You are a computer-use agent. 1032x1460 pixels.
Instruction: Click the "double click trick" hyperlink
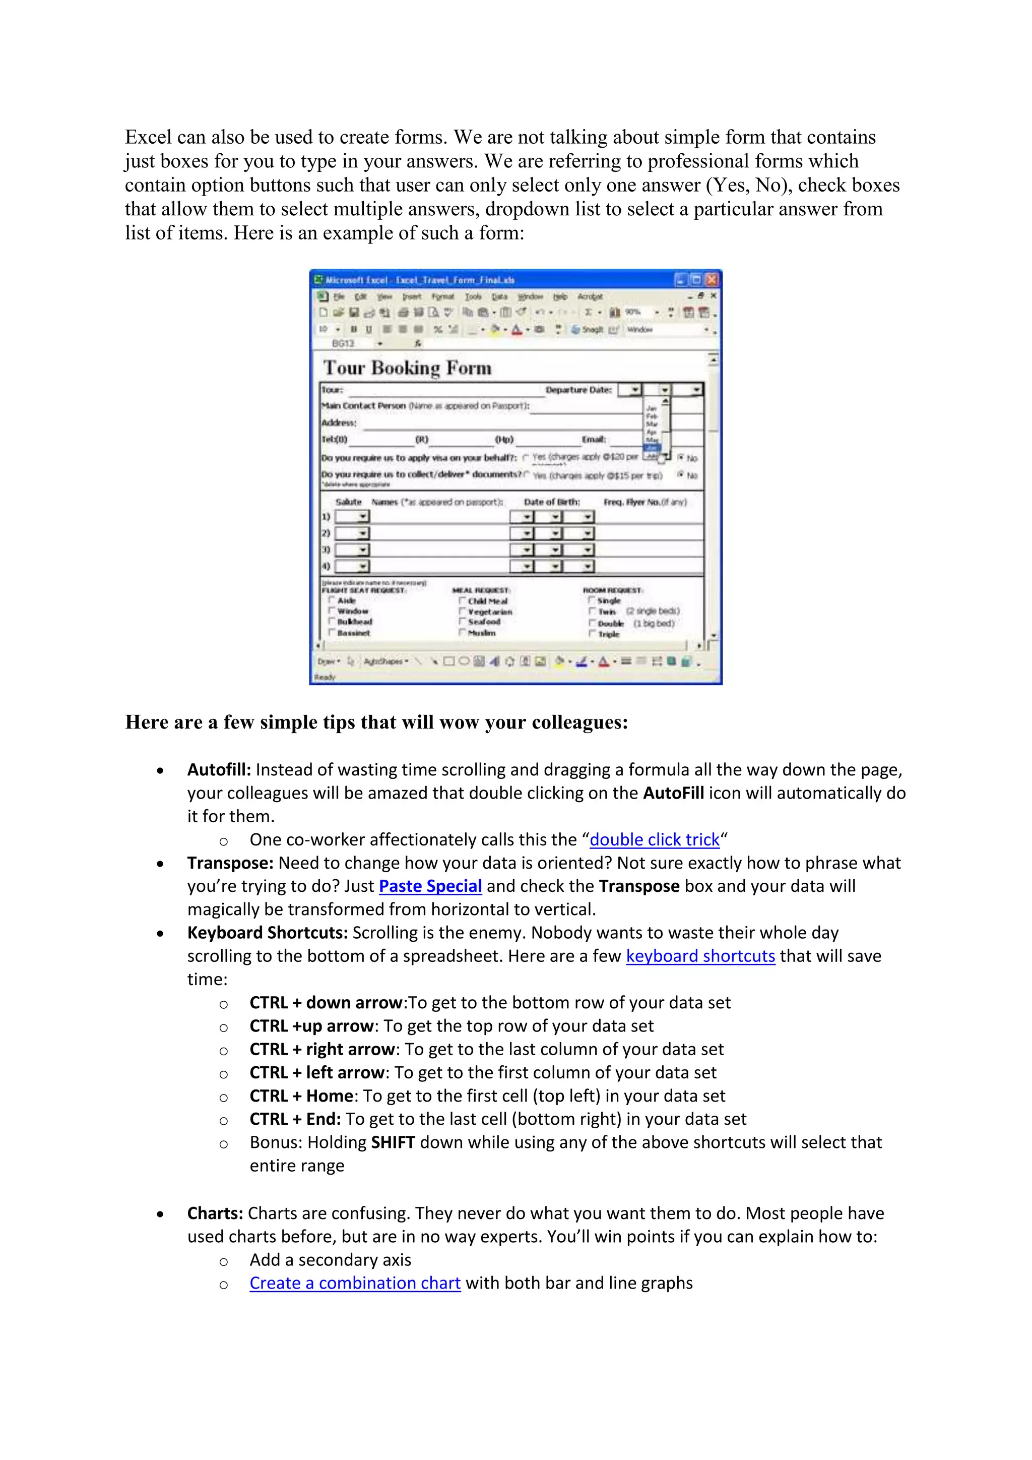tap(654, 839)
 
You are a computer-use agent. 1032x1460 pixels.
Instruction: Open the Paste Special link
tap(430, 886)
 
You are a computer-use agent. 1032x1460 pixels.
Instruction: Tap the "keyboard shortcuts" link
tap(700, 956)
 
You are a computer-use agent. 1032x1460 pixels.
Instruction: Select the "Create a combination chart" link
tap(355, 1283)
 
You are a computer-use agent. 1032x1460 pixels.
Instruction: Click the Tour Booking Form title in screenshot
tap(407, 368)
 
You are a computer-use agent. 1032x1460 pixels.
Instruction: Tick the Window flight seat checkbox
tap(332, 611)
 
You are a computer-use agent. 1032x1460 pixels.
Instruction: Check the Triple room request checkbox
tap(592, 634)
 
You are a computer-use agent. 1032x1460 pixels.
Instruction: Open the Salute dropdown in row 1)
tap(363, 516)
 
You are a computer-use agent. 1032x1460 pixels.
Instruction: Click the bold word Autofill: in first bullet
tap(219, 769)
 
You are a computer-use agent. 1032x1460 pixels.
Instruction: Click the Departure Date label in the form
tap(578, 390)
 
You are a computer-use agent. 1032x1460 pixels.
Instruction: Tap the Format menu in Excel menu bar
tap(442, 296)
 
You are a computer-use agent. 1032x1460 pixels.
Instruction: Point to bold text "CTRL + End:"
tap(295, 1119)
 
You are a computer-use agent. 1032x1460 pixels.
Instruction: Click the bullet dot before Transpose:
tap(160, 864)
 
